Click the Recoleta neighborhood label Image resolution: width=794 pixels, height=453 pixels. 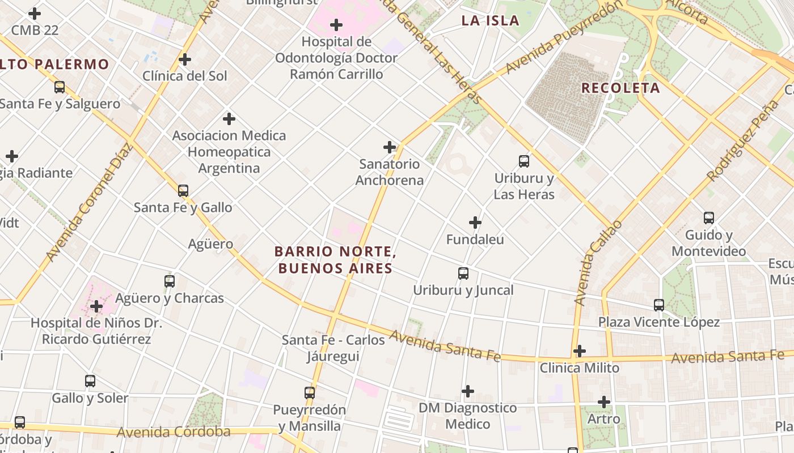[620, 88]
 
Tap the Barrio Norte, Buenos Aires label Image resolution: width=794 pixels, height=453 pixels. [335, 259]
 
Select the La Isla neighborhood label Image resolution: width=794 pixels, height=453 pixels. [490, 21]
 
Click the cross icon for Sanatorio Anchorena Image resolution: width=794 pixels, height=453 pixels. [390, 147]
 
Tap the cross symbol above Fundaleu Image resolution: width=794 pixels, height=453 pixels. [475, 223]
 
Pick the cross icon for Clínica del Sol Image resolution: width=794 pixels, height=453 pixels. [184, 59]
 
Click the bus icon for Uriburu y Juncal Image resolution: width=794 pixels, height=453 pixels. [463, 273]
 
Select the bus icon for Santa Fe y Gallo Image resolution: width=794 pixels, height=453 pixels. [183, 191]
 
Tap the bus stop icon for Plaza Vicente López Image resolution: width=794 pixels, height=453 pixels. [658, 305]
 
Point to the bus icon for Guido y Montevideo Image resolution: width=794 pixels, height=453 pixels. [708, 218]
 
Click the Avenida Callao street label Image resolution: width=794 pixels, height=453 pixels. [598, 263]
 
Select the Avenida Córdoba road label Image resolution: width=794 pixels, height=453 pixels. [174, 432]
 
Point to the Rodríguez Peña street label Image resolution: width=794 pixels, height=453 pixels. [744, 141]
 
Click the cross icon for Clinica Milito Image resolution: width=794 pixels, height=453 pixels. [579, 351]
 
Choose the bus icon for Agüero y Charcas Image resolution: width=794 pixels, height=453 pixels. [169, 281]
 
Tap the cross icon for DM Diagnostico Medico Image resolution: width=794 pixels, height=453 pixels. [467, 391]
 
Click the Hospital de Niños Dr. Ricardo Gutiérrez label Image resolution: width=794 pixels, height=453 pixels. [96, 331]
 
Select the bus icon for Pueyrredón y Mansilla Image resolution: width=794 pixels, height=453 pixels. [309, 392]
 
